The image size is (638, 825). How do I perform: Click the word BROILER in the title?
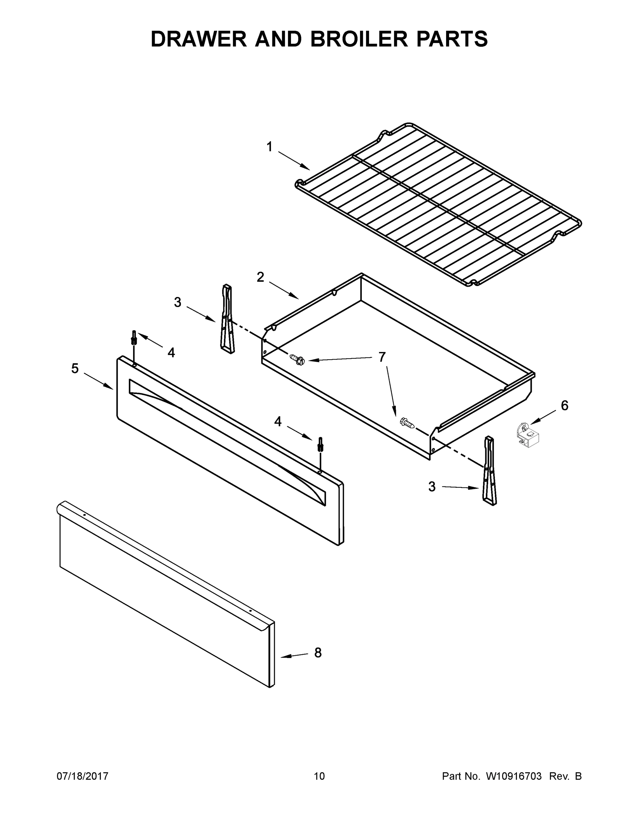click(x=359, y=39)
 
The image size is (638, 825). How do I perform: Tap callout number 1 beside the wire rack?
click(x=270, y=147)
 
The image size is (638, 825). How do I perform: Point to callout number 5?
click(x=75, y=368)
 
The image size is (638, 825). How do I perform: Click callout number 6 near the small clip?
click(x=564, y=406)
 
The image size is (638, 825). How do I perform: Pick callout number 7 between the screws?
click(x=382, y=356)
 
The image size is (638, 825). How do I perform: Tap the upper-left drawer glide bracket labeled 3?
click(x=227, y=319)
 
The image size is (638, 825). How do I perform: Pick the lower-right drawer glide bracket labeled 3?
click(x=489, y=471)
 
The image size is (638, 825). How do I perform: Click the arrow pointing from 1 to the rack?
click(x=294, y=161)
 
